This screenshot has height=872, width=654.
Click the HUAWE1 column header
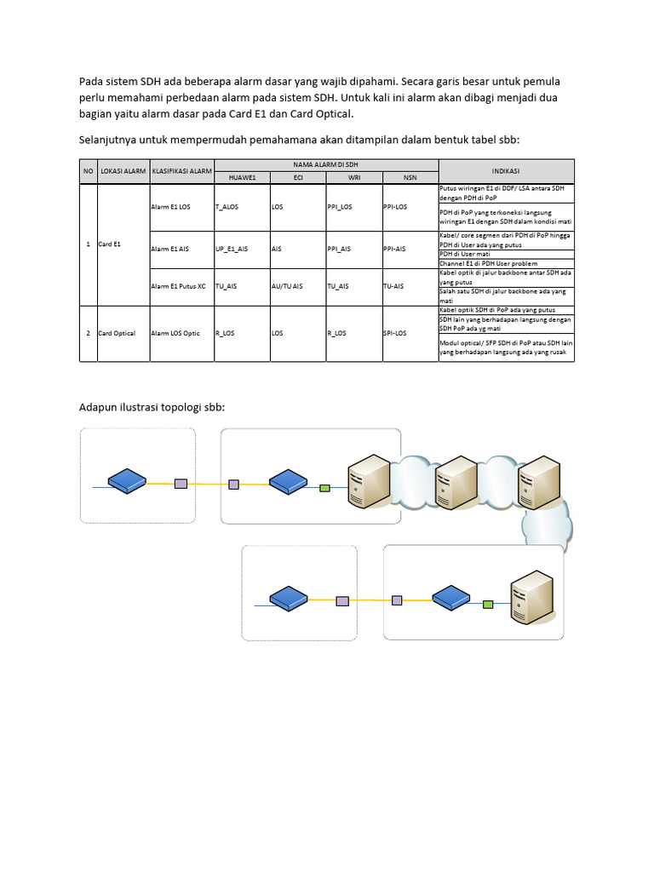(x=242, y=177)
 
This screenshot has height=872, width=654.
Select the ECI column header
(x=297, y=177)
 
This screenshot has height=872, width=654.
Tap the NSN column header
(x=410, y=177)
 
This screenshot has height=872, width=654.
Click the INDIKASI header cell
(x=506, y=170)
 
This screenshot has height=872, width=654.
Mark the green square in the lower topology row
(x=487, y=605)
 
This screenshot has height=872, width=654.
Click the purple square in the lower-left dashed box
(x=342, y=600)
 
